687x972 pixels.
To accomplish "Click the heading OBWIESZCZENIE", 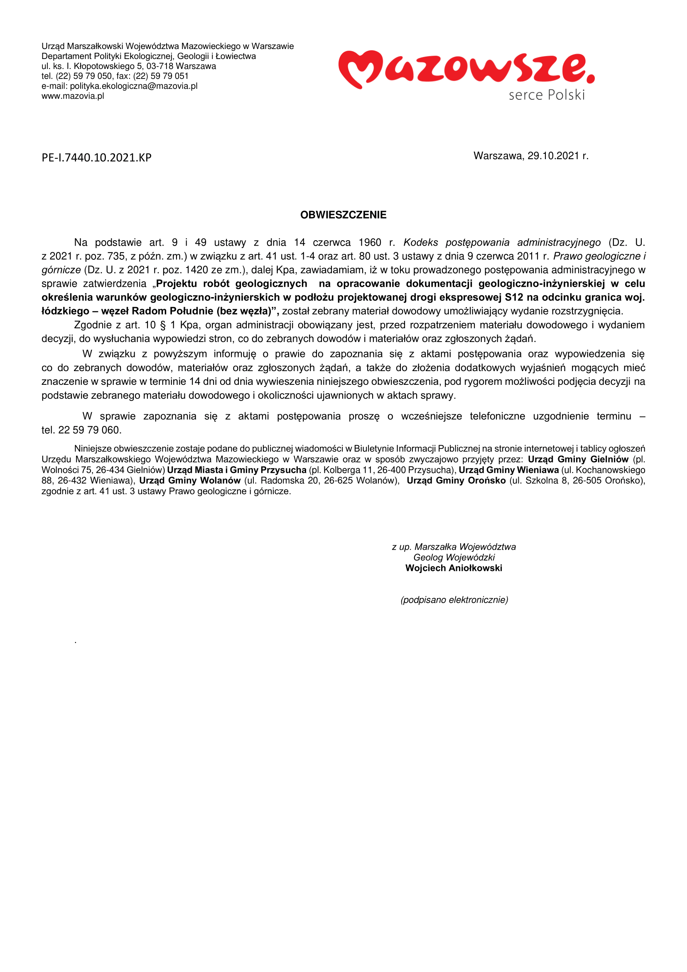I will coord(343,215).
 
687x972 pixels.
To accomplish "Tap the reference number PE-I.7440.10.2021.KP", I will coord(96,158).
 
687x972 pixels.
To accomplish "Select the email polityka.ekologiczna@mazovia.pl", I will coord(134,86).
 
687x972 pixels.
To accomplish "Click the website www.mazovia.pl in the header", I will coord(73,96).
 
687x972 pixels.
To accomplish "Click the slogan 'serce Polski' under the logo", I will coord(547,95).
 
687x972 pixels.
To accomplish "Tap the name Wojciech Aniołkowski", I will coord(454,568).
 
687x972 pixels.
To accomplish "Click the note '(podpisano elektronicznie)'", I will coord(454,600).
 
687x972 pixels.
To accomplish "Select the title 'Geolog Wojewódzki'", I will coord(454,558).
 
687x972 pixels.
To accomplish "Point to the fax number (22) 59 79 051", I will coord(161,76).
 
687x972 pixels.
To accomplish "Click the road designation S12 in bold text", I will coord(514,297).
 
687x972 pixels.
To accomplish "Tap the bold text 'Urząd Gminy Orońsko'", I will coord(456,480).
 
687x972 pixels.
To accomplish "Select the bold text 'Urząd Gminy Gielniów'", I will coord(578,459).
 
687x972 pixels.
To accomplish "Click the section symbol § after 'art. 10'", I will coord(163,325).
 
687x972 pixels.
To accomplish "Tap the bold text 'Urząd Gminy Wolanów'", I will coord(190,480).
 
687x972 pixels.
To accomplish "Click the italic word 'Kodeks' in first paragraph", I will coord(420,243).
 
